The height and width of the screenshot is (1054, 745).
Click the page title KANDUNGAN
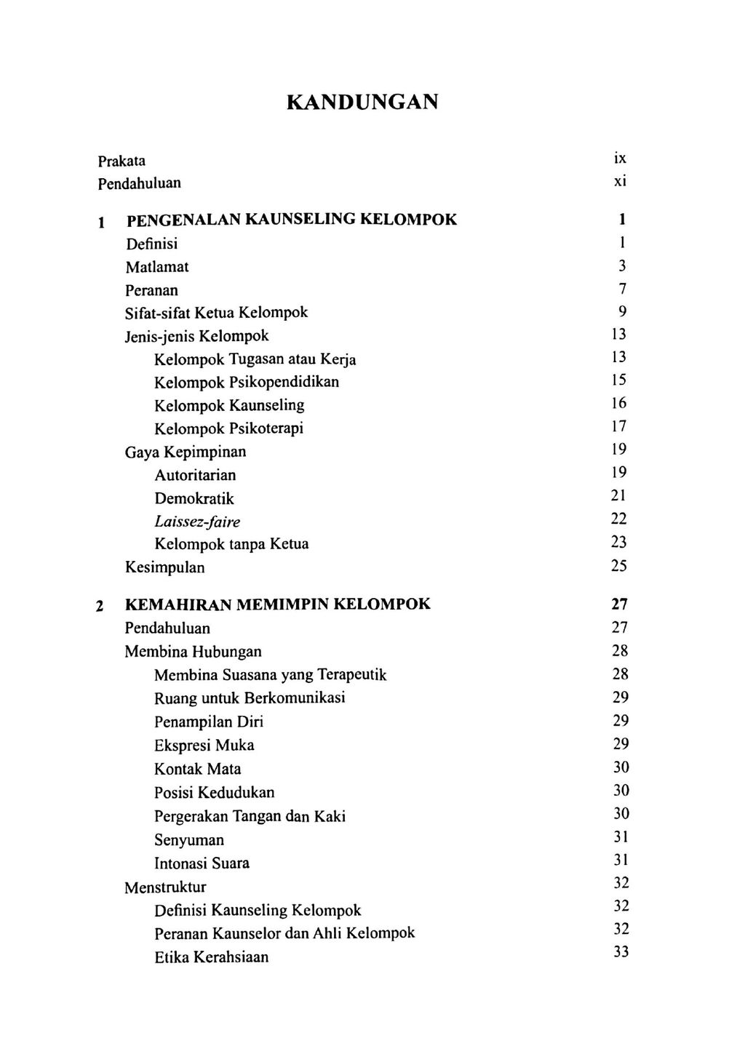(x=362, y=101)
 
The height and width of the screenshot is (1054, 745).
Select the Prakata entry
(x=121, y=160)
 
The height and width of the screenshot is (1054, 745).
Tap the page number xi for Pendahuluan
(x=619, y=182)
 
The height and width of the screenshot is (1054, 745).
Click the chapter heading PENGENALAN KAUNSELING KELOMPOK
(x=291, y=220)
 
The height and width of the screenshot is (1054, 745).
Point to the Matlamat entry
(x=156, y=267)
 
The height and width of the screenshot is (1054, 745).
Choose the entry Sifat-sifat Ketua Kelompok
(x=216, y=313)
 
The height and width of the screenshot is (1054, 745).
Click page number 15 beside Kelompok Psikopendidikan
(x=618, y=380)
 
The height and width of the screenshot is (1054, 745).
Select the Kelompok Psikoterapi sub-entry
(x=228, y=428)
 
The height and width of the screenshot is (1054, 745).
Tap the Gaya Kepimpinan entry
(x=186, y=452)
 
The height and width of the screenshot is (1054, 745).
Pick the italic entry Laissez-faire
(x=197, y=522)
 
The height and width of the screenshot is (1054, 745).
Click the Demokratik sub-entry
(x=194, y=498)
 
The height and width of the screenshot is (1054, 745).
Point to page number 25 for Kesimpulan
(x=618, y=566)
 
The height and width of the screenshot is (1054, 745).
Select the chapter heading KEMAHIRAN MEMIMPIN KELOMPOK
(x=277, y=604)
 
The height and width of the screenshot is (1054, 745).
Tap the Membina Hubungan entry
(x=193, y=651)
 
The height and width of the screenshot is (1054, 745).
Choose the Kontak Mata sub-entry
(x=197, y=769)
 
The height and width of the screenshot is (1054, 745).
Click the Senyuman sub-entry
(x=189, y=840)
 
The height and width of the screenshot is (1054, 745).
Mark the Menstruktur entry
(x=165, y=887)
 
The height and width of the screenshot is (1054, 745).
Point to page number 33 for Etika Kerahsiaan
(x=620, y=952)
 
